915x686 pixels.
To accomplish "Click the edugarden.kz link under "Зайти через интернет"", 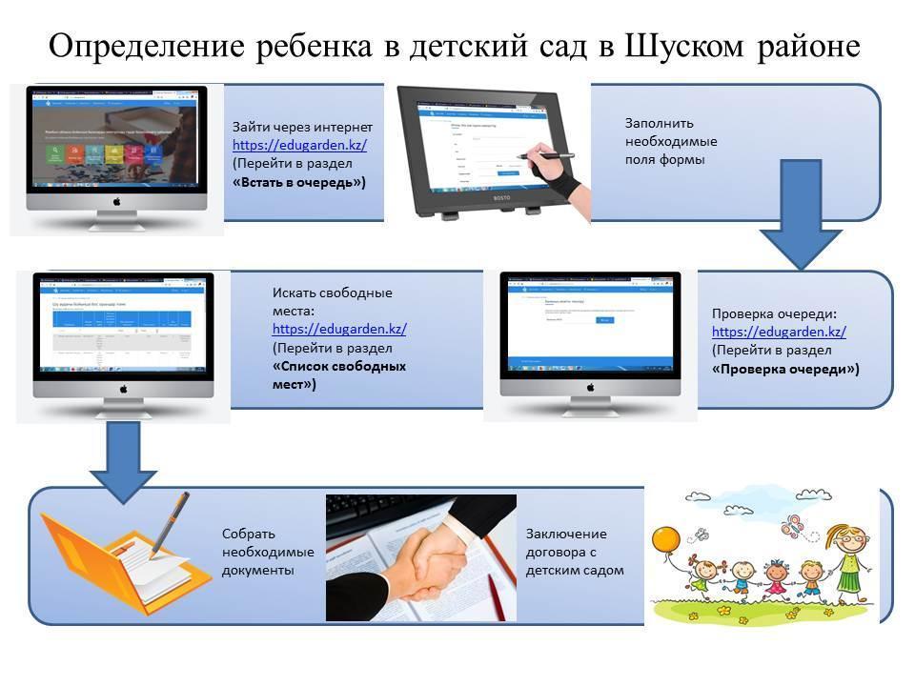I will pyautogui.click(x=300, y=145).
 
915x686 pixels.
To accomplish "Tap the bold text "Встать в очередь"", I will pyautogui.click(x=299, y=182).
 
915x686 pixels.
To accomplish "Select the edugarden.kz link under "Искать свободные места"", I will pyautogui.click(x=339, y=329).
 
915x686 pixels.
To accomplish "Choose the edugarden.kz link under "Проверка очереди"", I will pyautogui.click(x=779, y=332).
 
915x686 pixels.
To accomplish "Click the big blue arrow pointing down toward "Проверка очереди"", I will pyautogui.click(x=800, y=214).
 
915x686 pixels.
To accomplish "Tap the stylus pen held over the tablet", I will pyautogui.click(x=543, y=152).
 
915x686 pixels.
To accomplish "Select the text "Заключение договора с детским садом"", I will pyautogui.click(x=575, y=552).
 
